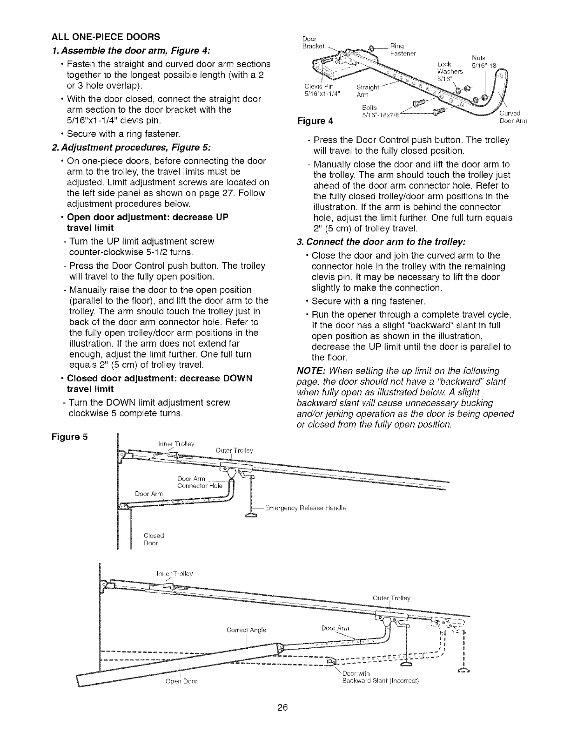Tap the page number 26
pyautogui.click(x=282, y=708)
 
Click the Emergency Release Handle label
pyautogui.click(x=305, y=508)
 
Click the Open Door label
pyautogui.click(x=181, y=681)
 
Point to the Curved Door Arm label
pyautogui.click(x=512, y=117)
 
